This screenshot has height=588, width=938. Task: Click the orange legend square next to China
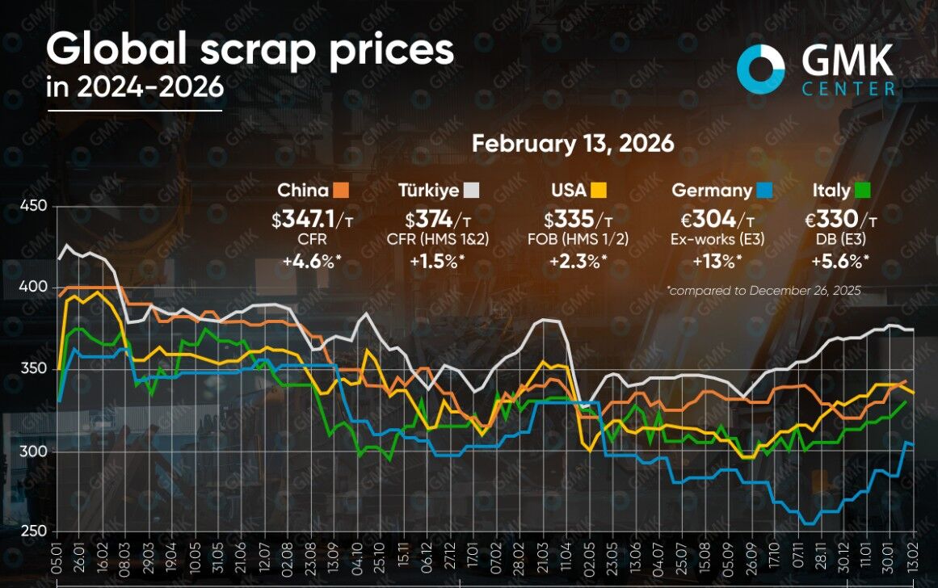point(341,191)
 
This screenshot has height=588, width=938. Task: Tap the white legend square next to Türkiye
point(472,191)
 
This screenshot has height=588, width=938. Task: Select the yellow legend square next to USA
point(598,191)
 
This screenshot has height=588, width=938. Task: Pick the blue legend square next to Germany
point(764,191)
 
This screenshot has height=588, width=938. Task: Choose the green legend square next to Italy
point(862,191)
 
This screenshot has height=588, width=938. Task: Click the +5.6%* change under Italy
point(843,260)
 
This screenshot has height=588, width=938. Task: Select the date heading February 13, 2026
point(573,144)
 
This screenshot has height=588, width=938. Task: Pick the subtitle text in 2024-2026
point(134,87)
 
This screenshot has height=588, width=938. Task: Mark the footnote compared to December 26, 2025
point(763,289)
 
